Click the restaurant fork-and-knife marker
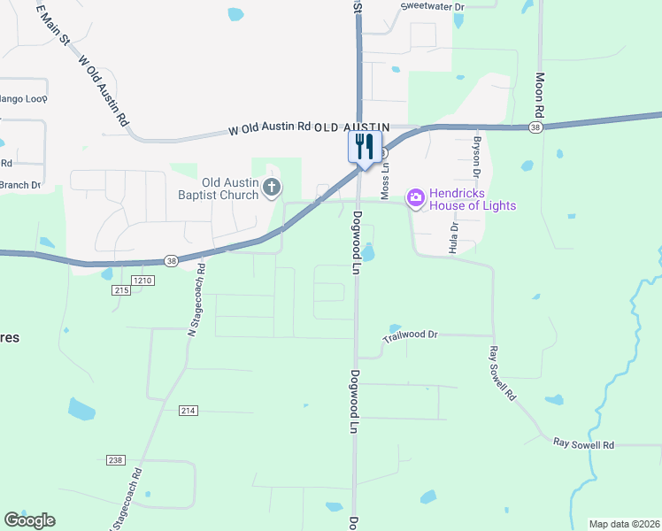(365, 147)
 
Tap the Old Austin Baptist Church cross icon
(273, 188)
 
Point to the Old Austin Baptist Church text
(216, 189)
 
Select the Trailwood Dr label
(411, 335)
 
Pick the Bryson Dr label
(476, 152)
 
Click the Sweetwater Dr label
(433, 6)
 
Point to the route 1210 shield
(144, 281)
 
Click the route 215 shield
(122, 290)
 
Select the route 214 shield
(187, 411)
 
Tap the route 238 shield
(115, 460)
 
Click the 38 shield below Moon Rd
(535, 127)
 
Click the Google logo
(29, 520)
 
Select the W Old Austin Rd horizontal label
(270, 127)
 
